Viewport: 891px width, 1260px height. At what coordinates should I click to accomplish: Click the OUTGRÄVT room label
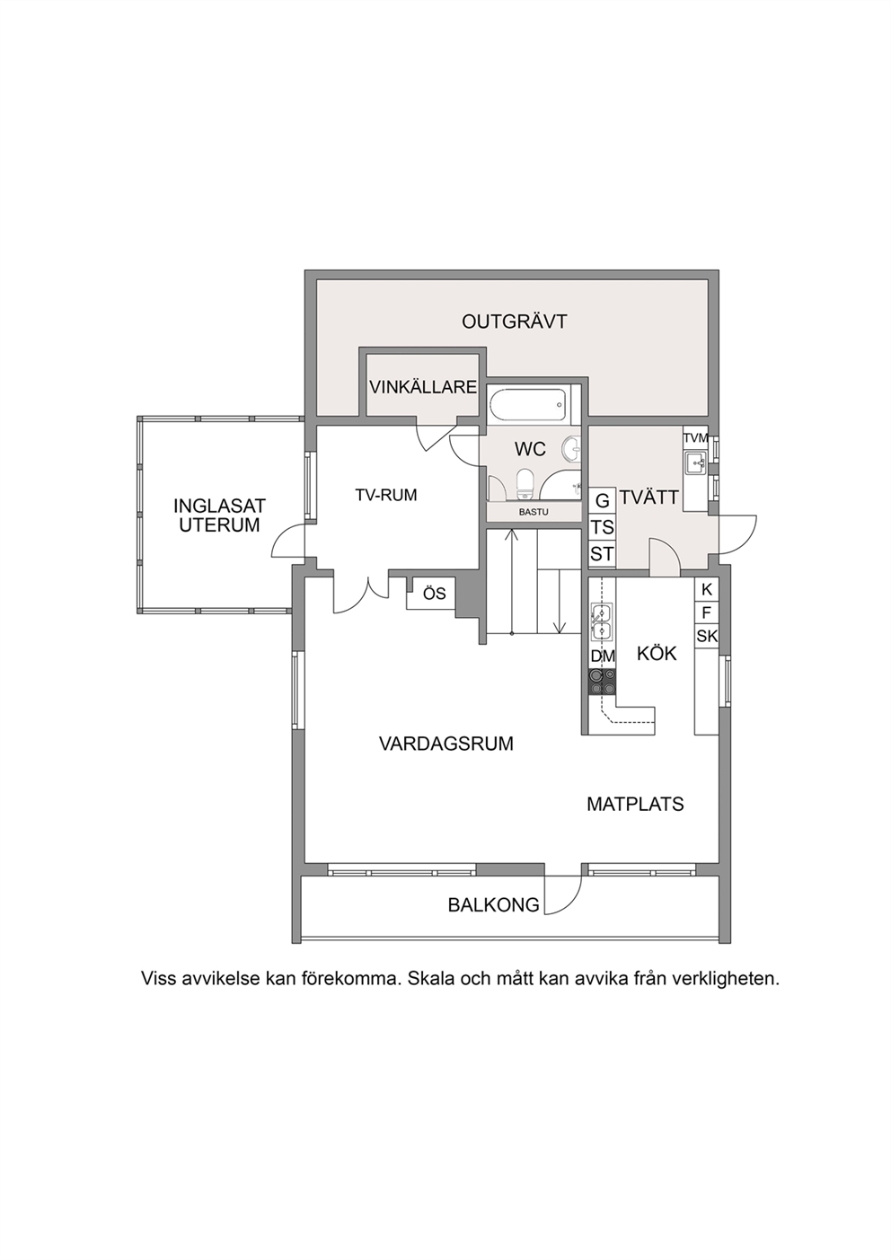(514, 322)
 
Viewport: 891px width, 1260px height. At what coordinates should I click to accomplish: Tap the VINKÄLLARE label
(423, 387)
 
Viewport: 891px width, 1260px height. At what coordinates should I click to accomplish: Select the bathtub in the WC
(529, 403)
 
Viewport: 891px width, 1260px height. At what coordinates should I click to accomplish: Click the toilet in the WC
(525, 483)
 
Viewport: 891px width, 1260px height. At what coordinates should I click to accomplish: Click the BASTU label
(534, 513)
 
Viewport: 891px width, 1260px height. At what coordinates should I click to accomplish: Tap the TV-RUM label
(386, 495)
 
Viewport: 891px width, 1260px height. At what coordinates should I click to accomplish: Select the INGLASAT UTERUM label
(219, 515)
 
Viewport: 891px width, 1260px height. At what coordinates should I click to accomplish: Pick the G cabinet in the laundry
(603, 500)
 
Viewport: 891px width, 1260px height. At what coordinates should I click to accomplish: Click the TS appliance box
(603, 527)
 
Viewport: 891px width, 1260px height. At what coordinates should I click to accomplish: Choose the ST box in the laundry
(603, 554)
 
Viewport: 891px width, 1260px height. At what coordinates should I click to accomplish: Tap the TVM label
(696, 437)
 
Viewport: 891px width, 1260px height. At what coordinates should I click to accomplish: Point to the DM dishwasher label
(603, 656)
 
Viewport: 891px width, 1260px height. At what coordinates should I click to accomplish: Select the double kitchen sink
(603, 622)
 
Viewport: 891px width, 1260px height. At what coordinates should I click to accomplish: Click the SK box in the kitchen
(707, 636)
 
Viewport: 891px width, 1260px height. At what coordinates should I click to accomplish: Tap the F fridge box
(707, 612)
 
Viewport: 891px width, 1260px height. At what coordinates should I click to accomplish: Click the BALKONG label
(493, 905)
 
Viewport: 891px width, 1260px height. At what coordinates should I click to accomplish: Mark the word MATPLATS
(635, 805)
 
